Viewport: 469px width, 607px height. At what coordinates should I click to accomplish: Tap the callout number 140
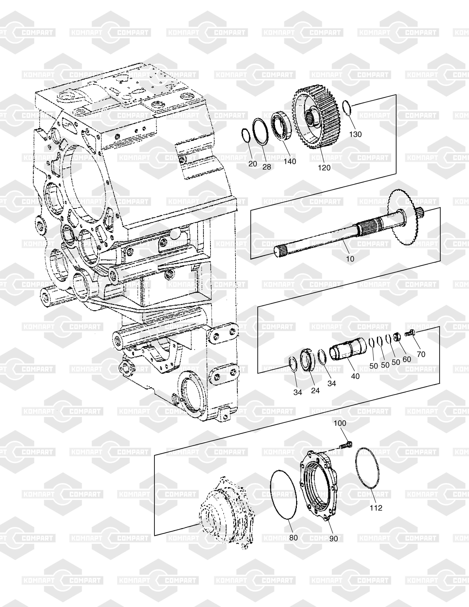(x=290, y=161)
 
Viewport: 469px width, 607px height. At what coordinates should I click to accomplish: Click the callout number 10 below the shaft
(x=350, y=259)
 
